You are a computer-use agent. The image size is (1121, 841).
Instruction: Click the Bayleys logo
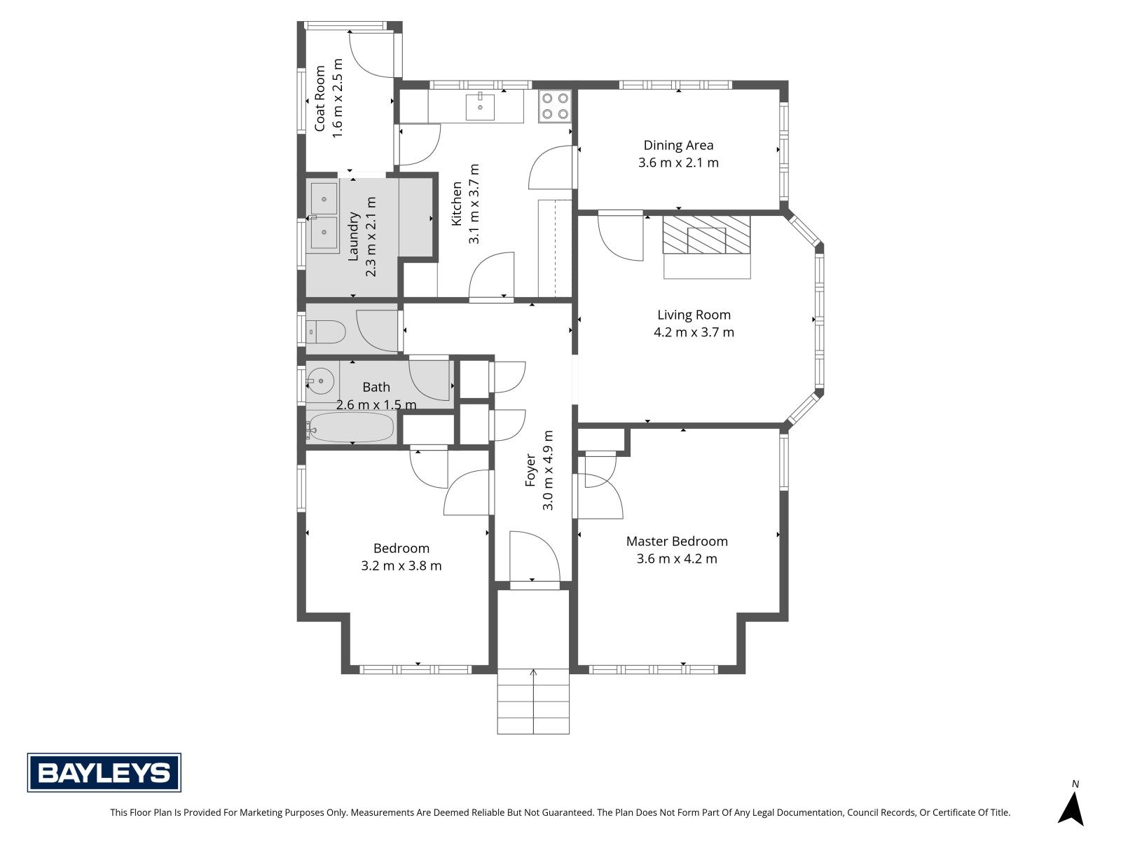(x=104, y=772)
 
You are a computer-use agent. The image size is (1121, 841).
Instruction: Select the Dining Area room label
(x=678, y=145)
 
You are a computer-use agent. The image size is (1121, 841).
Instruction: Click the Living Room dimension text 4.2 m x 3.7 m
(x=694, y=332)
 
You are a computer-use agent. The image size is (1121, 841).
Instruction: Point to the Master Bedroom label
(x=677, y=541)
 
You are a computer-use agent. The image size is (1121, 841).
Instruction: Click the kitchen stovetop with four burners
(x=555, y=106)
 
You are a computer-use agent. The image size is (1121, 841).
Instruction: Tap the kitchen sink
(x=480, y=106)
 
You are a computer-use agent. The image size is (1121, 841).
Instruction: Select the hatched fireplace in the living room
(x=707, y=234)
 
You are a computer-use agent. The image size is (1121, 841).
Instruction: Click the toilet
(x=326, y=331)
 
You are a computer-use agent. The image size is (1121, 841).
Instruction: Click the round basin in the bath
(x=321, y=381)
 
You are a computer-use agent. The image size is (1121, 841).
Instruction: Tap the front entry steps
(x=533, y=701)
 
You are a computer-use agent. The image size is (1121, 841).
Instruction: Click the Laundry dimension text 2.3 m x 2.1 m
(x=371, y=237)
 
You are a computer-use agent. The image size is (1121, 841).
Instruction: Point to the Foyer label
(x=530, y=470)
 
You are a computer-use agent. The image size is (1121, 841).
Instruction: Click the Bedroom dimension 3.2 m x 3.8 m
(x=401, y=566)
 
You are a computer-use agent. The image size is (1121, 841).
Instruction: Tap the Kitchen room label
(x=457, y=204)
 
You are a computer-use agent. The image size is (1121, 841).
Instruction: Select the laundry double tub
(x=323, y=217)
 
